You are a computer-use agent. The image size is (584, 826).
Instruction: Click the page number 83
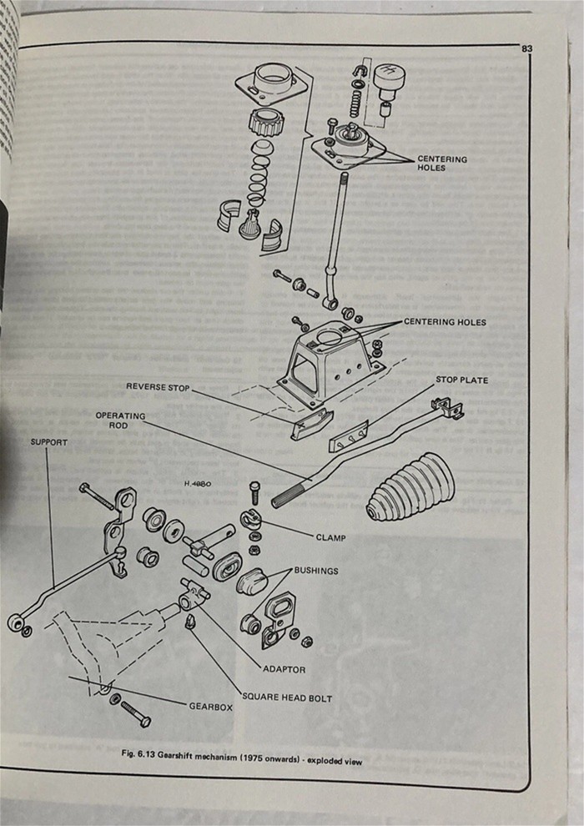[x=526, y=49]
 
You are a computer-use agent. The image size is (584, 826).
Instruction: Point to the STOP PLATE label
[x=461, y=380]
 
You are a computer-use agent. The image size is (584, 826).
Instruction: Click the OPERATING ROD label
[x=120, y=421]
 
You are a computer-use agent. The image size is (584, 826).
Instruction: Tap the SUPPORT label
[x=49, y=442]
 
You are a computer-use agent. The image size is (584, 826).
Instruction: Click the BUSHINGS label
[x=316, y=571]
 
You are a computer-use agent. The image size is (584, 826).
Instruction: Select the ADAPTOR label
[x=284, y=669]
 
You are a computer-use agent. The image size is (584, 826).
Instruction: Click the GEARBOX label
[x=210, y=706]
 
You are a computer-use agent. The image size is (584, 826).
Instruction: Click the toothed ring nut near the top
[x=266, y=123]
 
